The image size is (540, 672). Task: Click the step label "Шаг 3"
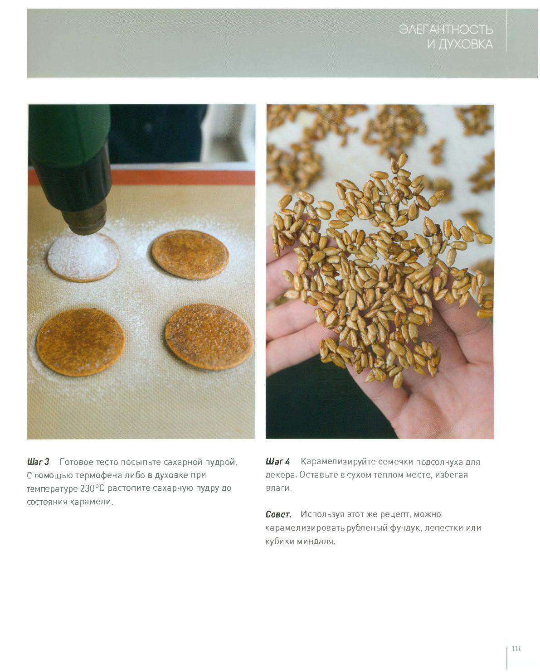38,462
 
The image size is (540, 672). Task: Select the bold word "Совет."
278,514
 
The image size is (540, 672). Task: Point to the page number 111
516,648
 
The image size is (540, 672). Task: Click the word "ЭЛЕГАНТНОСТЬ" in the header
446,29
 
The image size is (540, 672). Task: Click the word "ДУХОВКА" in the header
466,44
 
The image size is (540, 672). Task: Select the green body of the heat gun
69,134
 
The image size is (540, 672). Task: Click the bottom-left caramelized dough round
81,342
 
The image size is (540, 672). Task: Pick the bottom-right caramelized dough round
209,337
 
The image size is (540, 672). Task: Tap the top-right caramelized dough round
190,255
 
